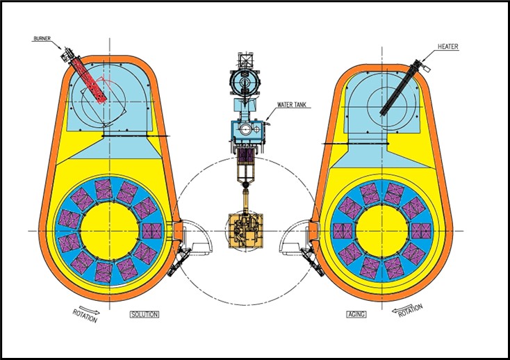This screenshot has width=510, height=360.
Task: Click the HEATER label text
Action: click(x=448, y=47)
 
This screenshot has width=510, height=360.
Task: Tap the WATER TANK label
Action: click(x=294, y=106)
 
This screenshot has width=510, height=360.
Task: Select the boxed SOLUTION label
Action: click(x=145, y=315)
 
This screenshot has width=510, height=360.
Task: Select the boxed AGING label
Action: click(x=356, y=315)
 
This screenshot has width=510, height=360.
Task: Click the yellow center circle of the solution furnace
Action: click(x=109, y=230)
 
